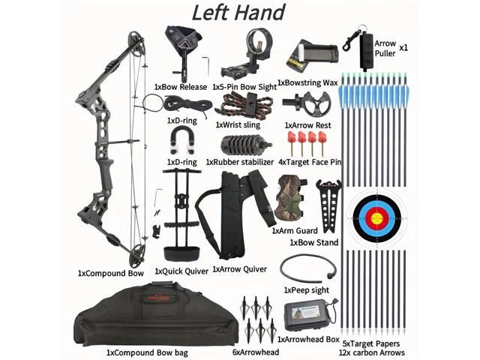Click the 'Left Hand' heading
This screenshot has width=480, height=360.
pos(239,13)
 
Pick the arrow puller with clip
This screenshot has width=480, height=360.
pos(364,49)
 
